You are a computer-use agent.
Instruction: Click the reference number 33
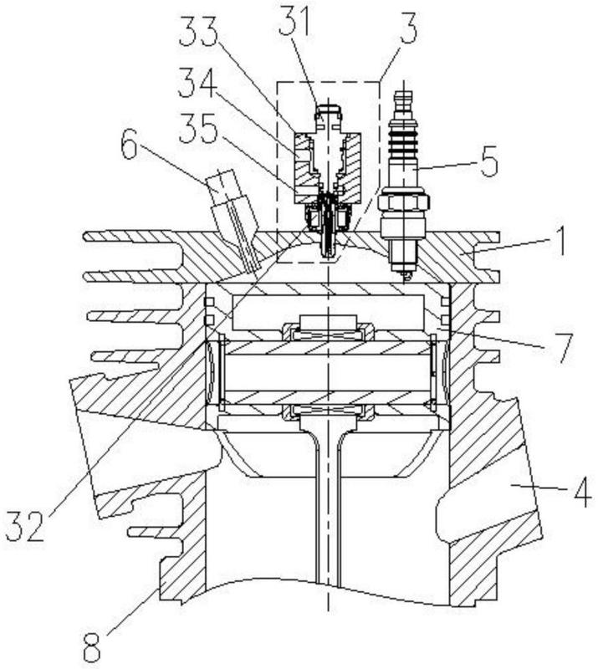[x=198, y=31]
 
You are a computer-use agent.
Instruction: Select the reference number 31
[x=294, y=24]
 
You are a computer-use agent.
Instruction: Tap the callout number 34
[x=198, y=81]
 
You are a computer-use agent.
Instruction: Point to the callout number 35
[x=199, y=128]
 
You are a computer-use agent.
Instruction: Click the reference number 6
[x=130, y=148]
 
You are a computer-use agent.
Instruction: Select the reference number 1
[x=560, y=240]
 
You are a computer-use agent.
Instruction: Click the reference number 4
[x=582, y=492]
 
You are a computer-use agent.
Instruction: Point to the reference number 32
[x=25, y=527]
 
